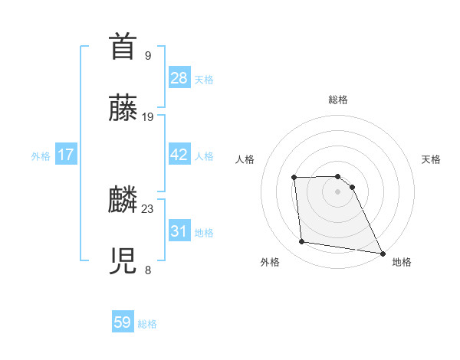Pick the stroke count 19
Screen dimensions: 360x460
pos(148,116)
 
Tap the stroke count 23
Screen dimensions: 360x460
pos(148,208)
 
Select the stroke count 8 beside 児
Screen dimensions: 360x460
pos(147,270)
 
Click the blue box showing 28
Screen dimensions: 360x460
pos(179,78)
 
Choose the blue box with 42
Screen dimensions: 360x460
pos(179,155)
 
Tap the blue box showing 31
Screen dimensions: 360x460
pos(179,231)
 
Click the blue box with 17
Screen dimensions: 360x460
pos(65,155)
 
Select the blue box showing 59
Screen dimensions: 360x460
pos(123,322)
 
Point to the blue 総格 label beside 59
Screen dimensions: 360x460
pos(147,324)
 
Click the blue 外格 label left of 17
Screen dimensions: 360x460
pos(41,156)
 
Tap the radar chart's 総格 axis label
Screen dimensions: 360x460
pos(338,100)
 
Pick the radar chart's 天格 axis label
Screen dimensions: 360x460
pos(432,159)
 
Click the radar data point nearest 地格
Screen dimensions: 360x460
pos(382,253)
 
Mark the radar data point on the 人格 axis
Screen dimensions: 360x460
pos(294,178)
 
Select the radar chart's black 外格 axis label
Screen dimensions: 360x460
pos(270,262)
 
